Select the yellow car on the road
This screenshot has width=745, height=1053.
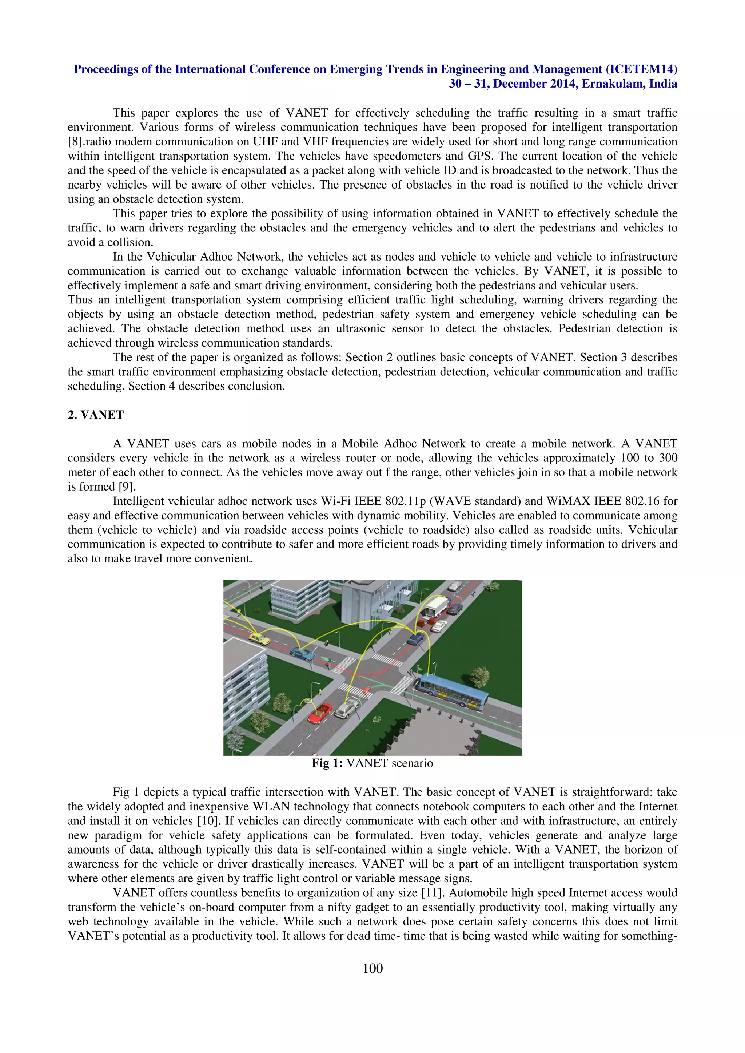[x=259, y=638]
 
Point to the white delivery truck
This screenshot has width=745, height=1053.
[x=435, y=606]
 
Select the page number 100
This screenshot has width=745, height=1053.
[x=372, y=968]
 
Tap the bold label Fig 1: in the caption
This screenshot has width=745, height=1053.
[x=327, y=763]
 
